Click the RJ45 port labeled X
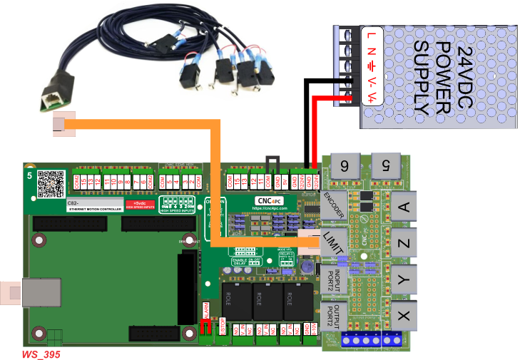click(402, 314)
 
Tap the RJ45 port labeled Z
click(402, 245)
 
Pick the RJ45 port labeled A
click(402, 208)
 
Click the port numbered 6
click(345, 166)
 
